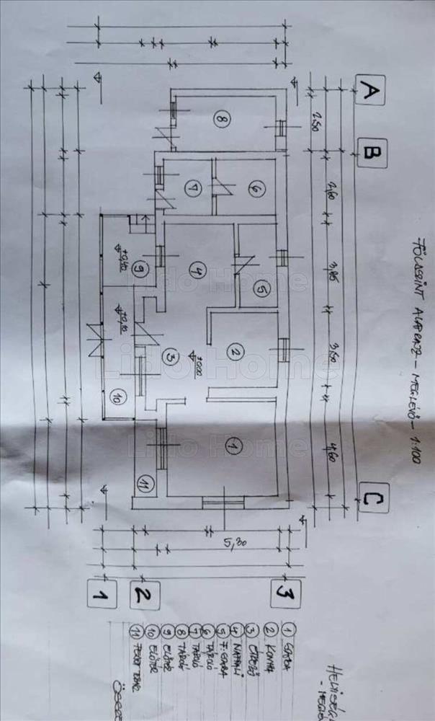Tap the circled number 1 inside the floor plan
(x=231, y=446)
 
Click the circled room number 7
(x=191, y=190)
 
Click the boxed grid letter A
(x=370, y=91)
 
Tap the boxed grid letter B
(x=372, y=153)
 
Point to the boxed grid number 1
(x=102, y=593)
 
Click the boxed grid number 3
(x=285, y=594)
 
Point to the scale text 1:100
(x=416, y=448)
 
